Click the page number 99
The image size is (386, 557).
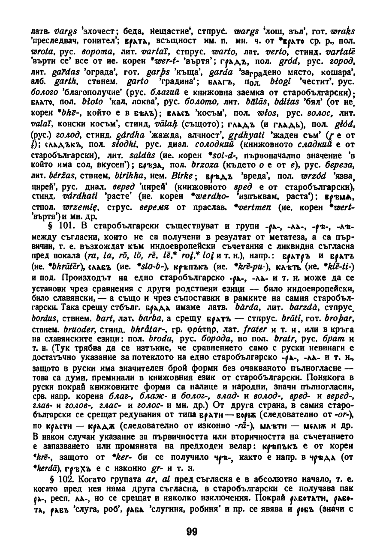pos(192,532)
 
